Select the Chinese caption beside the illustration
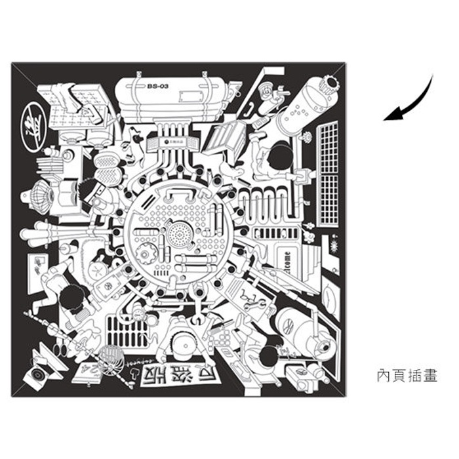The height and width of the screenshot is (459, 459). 407,376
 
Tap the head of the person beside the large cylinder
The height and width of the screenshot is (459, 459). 281,157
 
